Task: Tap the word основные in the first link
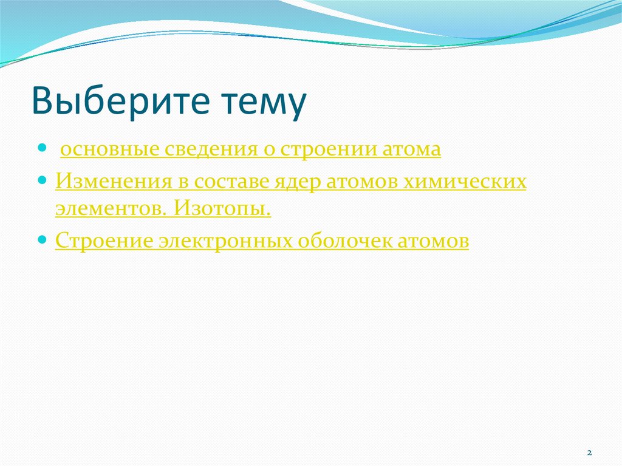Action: click(x=109, y=149)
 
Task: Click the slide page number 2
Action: click(x=589, y=453)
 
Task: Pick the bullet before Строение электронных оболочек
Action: click(x=42, y=240)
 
